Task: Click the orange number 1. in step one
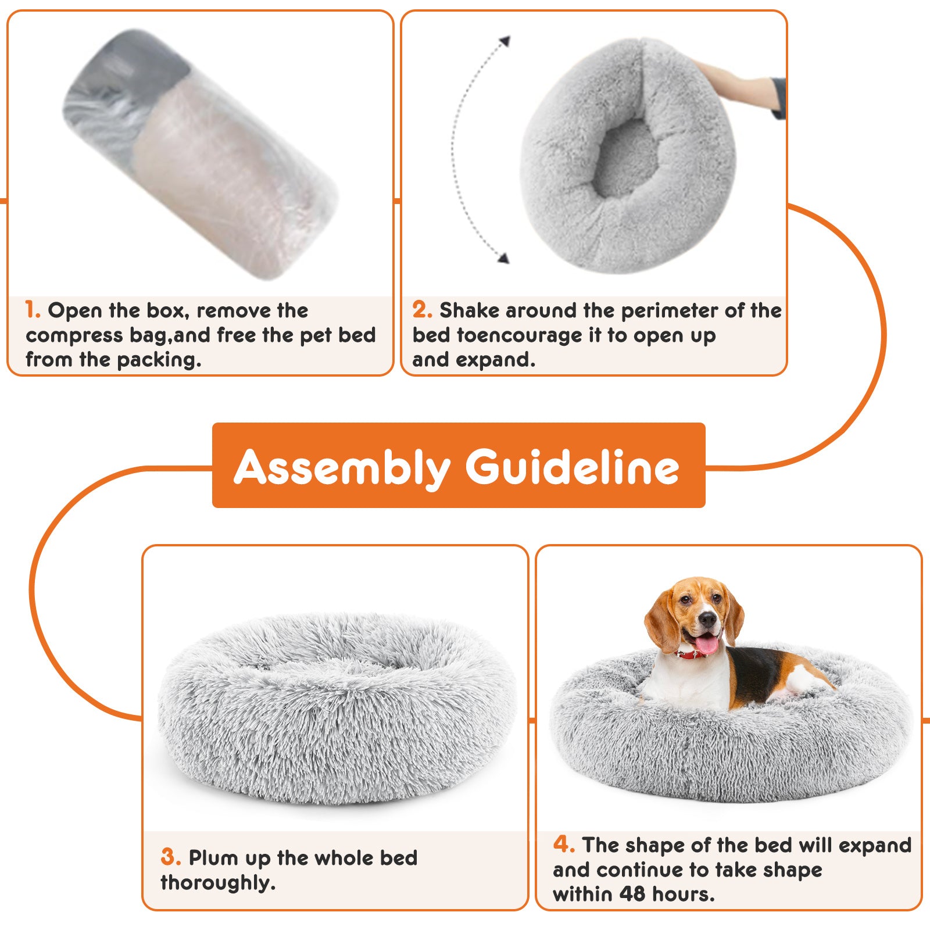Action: tap(33, 310)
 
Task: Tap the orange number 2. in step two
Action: tap(422, 310)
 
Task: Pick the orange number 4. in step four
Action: tap(564, 844)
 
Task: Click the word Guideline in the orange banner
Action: tap(572, 467)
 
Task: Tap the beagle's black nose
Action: tap(707, 620)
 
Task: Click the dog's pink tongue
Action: tap(707, 644)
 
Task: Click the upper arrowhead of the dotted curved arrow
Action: tap(505, 41)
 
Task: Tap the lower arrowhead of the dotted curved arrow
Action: tap(503, 258)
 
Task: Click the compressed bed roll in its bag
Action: tap(201, 154)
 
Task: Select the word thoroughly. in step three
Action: tap(218, 882)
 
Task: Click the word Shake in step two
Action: tap(469, 310)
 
